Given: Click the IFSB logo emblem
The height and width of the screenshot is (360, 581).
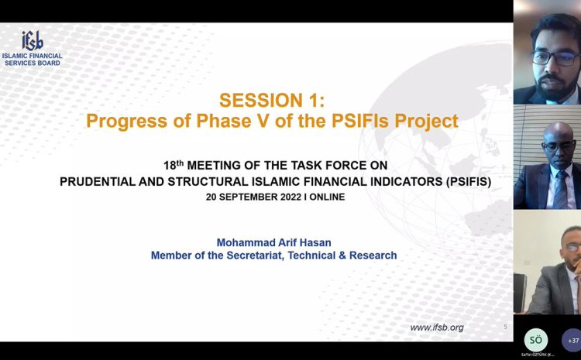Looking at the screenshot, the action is coord(33,41).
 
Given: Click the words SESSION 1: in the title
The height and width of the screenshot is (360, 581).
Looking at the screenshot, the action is coord(272,101).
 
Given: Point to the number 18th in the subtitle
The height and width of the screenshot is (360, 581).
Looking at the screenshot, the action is coord(174,165).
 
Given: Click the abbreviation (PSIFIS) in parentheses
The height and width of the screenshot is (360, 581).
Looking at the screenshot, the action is coord(469,182).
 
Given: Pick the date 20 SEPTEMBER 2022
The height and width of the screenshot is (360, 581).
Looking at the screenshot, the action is coord(254,197).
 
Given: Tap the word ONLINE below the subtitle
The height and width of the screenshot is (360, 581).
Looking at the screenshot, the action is coord(327,197).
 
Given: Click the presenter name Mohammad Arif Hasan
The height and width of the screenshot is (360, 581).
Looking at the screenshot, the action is coord(273,242).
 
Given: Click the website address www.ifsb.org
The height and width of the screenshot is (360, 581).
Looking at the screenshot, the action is coord(437,327).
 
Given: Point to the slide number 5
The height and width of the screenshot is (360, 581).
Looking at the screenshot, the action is coord(505,327).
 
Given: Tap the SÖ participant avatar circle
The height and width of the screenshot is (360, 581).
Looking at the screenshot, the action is coord(536,340).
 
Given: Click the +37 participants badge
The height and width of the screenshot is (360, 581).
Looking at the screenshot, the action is coord(572,340).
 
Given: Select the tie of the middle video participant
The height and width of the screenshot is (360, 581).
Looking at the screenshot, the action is coord(561,189).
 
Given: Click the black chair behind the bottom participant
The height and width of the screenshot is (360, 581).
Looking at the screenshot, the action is coord(520,293).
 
